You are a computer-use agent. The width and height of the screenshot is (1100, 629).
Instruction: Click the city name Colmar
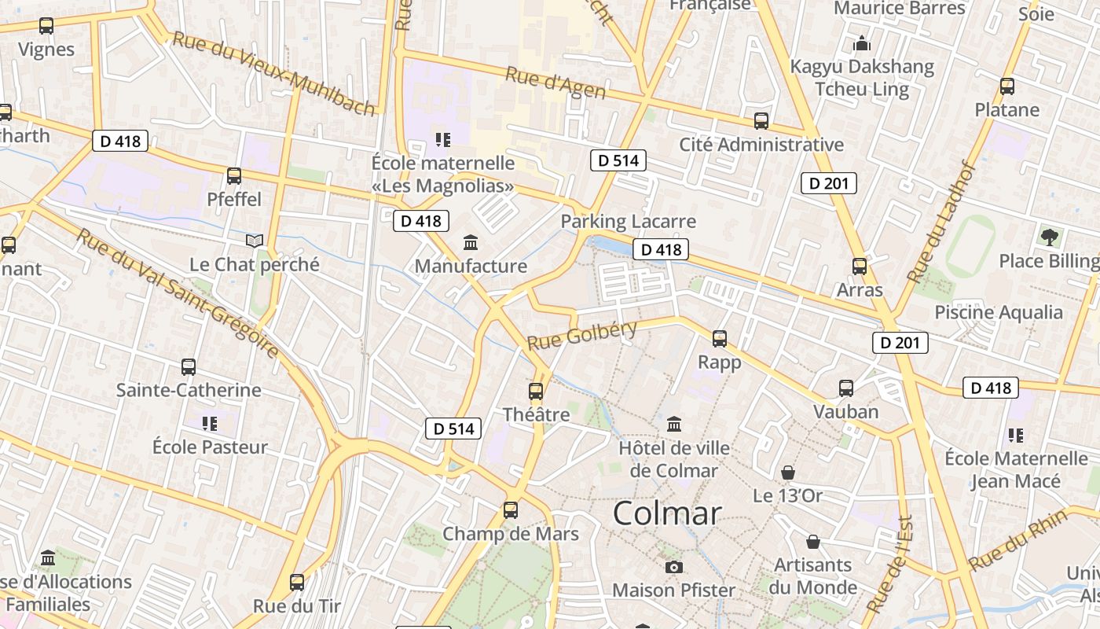point(666,513)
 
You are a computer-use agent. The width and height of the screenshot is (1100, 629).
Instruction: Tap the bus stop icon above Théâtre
point(536,391)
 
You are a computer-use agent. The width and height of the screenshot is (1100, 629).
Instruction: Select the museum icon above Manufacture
point(471,242)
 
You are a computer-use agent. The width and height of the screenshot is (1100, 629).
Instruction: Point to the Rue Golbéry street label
point(581,336)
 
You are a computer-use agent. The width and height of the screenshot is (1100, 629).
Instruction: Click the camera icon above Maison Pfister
point(673,567)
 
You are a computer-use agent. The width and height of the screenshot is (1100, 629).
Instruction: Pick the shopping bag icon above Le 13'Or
point(787,473)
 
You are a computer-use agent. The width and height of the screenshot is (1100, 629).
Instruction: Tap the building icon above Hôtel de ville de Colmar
point(673,425)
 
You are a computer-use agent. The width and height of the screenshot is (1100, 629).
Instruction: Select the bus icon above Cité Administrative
point(761,121)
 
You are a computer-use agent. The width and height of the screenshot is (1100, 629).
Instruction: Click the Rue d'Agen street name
point(555,83)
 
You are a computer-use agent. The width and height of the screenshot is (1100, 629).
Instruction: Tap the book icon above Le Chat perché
point(254,241)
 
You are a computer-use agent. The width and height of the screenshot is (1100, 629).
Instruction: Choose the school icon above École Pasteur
point(209,424)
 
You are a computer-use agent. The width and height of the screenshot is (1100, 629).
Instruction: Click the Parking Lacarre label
point(628,222)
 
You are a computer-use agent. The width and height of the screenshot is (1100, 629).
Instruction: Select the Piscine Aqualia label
point(998,312)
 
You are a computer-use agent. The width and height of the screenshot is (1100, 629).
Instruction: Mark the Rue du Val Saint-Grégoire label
point(178,292)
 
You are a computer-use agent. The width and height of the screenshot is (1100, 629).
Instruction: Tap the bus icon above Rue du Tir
point(296,583)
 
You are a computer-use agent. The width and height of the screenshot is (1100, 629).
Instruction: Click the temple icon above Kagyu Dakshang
point(862,43)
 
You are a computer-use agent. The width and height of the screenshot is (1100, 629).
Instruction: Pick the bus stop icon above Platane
point(1006,86)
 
